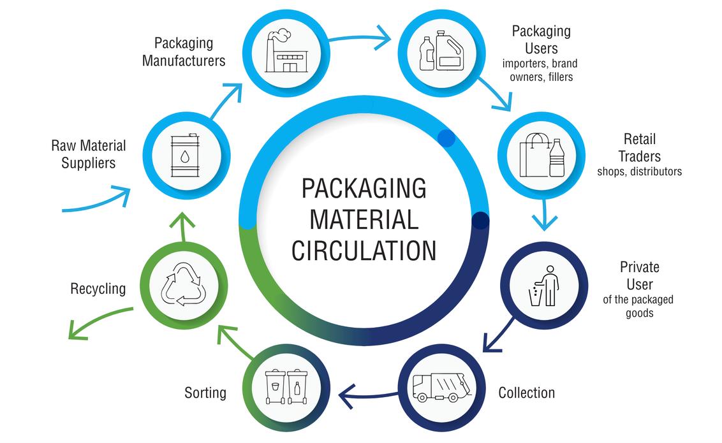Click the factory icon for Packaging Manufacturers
286,52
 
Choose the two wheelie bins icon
286,386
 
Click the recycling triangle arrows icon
183,285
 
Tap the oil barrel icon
184,156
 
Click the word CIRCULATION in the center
364,250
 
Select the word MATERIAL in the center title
364,219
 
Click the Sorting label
205,392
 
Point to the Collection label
526,392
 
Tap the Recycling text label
98,288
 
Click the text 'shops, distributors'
639,171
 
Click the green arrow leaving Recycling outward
99,322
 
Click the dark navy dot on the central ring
480,221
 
